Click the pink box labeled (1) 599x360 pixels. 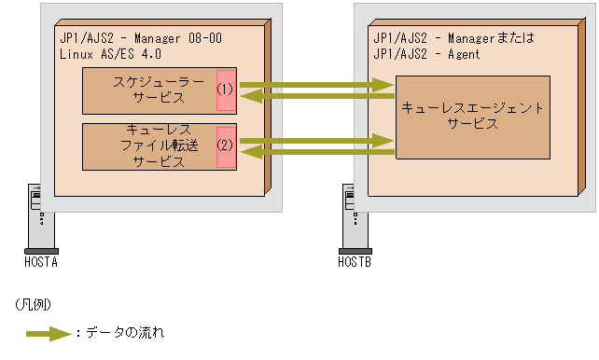coord(225,90)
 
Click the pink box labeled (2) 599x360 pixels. coord(225,146)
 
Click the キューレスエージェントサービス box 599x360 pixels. coord(471,117)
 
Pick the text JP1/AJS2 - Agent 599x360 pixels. coord(426,54)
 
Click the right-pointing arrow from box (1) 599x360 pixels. coord(317,85)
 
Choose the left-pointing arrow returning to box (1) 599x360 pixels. coord(317,96)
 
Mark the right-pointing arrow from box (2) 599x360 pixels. coord(317,141)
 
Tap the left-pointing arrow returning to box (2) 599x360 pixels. coord(317,152)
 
